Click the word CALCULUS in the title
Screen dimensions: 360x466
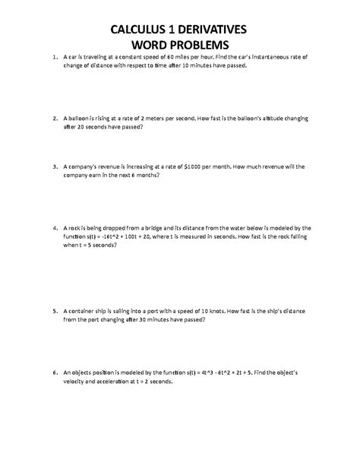coord(133,30)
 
